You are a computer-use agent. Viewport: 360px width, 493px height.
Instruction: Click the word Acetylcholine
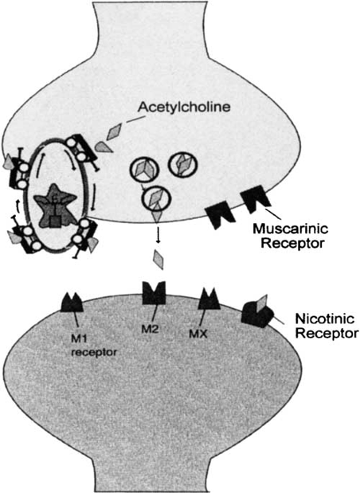(x=185, y=108)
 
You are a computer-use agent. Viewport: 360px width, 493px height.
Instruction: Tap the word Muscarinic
(x=290, y=229)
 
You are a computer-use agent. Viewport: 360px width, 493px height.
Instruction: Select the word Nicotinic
(x=325, y=319)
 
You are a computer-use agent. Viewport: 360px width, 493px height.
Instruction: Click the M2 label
(x=150, y=329)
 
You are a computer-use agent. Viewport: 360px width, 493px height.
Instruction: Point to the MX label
(x=198, y=333)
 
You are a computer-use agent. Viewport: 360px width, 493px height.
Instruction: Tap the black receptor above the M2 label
(x=154, y=293)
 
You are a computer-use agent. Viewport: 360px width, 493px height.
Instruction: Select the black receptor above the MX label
(x=210, y=299)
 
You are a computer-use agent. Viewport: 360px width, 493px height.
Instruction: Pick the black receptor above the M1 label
(x=72, y=302)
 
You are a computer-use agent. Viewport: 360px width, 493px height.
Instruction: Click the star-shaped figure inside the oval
(x=55, y=205)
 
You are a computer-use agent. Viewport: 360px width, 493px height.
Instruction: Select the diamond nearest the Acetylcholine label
(x=114, y=131)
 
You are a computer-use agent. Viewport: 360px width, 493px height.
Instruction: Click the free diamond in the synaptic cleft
(x=158, y=260)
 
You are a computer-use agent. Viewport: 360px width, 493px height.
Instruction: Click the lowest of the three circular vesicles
(x=156, y=198)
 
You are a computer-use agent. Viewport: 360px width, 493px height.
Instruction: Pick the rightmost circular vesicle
(x=183, y=164)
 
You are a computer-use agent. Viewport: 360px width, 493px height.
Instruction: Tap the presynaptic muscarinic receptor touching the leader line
(x=254, y=199)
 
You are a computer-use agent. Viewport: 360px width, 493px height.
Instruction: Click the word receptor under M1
(x=94, y=352)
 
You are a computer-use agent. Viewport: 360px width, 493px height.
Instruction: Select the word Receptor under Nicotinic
(x=327, y=333)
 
